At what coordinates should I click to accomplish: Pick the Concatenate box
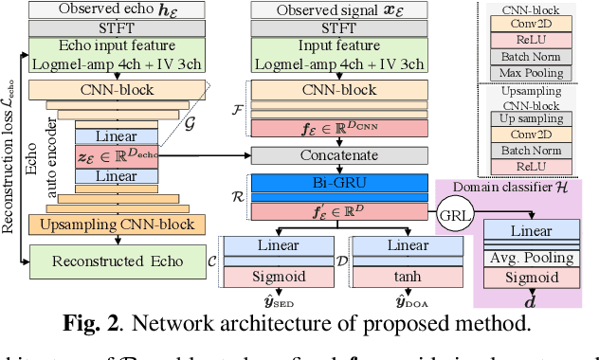pos(325,153)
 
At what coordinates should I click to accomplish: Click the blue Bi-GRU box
pos(325,181)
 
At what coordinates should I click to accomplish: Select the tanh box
pos(386,277)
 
